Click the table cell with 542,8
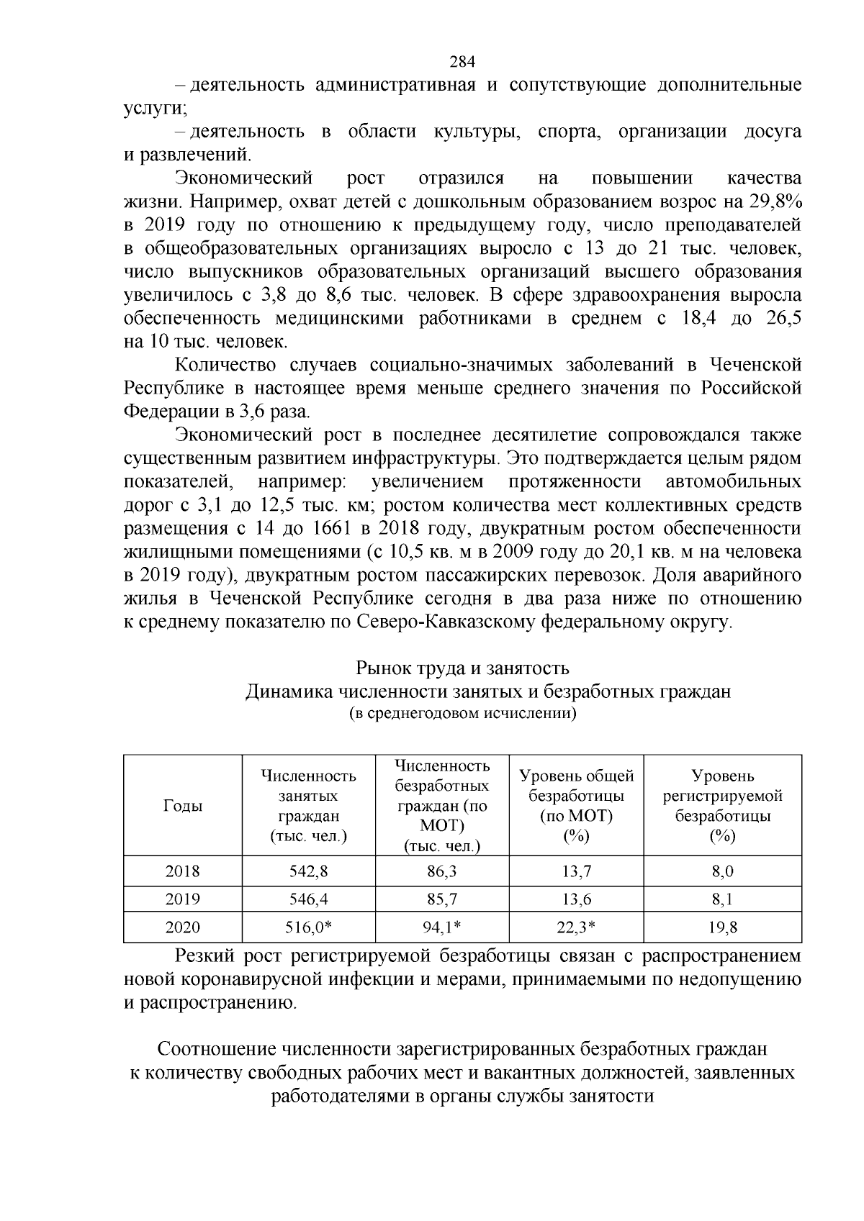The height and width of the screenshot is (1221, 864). point(308,871)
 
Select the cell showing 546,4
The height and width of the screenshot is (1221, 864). point(308,899)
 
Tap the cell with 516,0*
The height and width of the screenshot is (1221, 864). point(308,927)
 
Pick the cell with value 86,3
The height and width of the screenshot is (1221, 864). point(441,871)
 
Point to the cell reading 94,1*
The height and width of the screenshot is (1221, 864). point(441,927)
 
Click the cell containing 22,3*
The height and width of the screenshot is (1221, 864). point(576,927)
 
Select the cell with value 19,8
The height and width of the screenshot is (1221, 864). point(722,927)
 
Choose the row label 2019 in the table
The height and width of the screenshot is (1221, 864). point(183,899)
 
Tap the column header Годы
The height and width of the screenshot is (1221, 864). point(183,806)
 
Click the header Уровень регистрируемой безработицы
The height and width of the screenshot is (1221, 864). point(722,806)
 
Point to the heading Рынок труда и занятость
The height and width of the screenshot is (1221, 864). point(462,668)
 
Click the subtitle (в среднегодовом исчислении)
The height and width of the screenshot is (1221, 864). point(462,714)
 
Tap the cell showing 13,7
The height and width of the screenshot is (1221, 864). point(576,871)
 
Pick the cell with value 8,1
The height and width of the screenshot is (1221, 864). point(722,899)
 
